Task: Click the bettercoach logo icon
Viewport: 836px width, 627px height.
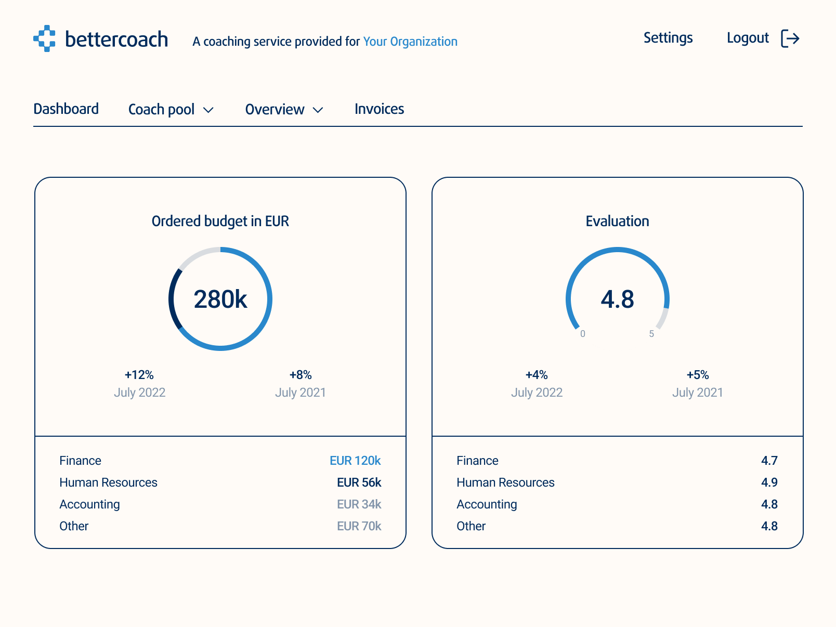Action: point(44,38)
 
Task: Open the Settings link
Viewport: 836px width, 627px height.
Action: point(668,38)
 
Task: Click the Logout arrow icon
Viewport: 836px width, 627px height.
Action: point(790,38)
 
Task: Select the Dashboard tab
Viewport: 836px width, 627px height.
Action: point(66,109)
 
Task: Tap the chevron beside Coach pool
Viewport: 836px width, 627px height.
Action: point(208,110)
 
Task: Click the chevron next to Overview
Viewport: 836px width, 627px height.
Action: point(318,110)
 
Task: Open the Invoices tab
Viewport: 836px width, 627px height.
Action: point(379,109)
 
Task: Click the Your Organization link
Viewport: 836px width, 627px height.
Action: point(410,42)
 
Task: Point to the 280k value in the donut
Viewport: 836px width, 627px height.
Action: point(220,299)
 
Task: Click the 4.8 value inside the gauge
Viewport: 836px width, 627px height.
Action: point(618,299)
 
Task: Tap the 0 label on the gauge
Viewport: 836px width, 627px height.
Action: point(583,334)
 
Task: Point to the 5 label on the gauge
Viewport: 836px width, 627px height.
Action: point(651,334)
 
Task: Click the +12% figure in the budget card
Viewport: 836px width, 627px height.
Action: point(139,375)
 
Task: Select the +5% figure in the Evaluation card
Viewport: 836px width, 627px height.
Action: point(698,375)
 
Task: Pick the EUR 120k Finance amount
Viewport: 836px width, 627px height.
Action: point(355,461)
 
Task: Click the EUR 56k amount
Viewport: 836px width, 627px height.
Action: point(359,482)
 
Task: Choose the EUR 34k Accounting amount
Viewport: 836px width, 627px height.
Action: point(359,504)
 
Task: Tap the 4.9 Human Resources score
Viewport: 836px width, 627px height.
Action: point(769,482)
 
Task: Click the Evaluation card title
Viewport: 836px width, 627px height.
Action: point(617,221)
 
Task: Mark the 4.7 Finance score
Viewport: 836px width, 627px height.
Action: point(769,461)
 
